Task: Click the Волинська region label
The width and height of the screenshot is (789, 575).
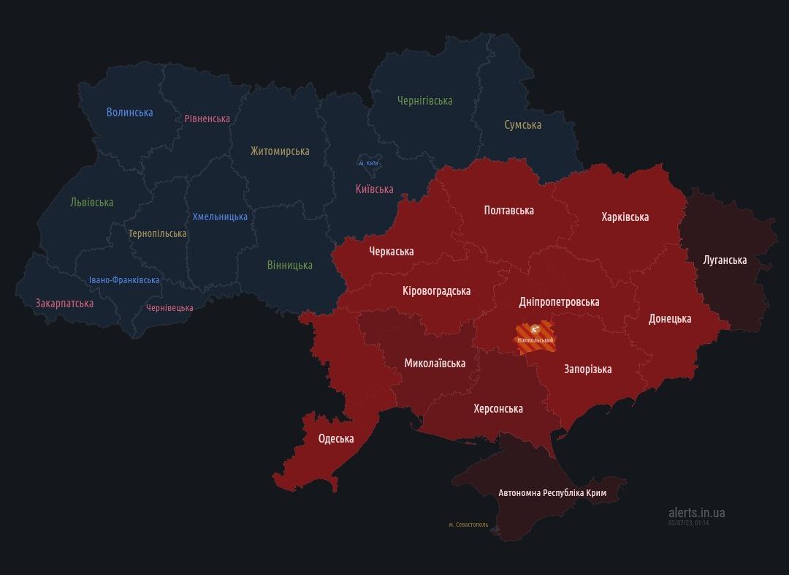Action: pos(129,112)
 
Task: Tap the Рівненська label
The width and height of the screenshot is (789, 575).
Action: pos(207,119)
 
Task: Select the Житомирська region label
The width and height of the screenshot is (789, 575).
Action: pos(280,151)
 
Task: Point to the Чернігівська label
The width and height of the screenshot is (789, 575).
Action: pos(424,101)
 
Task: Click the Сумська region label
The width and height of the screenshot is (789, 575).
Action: pos(522,125)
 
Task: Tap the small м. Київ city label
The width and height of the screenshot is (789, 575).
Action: pos(368,163)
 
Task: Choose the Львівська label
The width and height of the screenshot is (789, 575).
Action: pos(91,203)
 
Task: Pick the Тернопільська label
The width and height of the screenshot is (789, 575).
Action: pos(157,234)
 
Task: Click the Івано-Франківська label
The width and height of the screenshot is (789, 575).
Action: pos(124,280)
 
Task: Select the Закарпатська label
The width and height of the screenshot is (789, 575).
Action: pos(64,303)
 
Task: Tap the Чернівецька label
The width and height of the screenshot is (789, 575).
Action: pos(169,308)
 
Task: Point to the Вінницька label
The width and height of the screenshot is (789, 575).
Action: pos(289,266)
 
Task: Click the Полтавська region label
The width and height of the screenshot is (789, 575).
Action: pos(508,211)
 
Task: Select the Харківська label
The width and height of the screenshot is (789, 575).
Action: pos(625,217)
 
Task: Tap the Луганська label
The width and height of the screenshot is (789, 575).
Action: pos(725,260)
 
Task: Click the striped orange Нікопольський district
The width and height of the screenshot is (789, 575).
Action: pos(535,338)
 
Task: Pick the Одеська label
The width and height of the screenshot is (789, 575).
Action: pos(336,439)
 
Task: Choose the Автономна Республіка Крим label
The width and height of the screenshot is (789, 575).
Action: pos(552,493)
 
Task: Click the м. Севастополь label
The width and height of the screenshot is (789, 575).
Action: pos(468,525)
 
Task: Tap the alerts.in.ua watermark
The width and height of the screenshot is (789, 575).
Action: pos(696,514)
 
